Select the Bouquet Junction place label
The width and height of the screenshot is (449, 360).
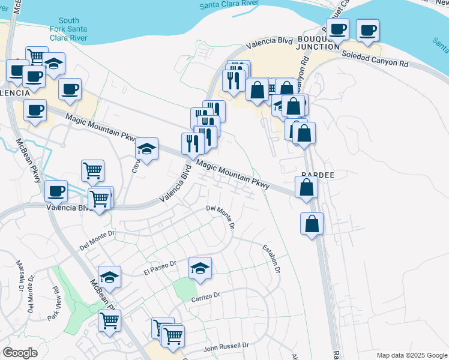point(318,43)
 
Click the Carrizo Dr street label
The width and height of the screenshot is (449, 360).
point(206,296)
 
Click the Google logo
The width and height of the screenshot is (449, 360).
point(20,352)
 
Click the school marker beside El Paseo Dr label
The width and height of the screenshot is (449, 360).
point(200,268)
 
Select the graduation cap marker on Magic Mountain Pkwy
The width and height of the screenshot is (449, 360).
point(146,148)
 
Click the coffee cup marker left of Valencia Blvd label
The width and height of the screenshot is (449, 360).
point(56,191)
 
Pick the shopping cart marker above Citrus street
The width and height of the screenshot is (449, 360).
point(93,170)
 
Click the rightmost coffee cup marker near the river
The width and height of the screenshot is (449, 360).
point(367,29)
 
